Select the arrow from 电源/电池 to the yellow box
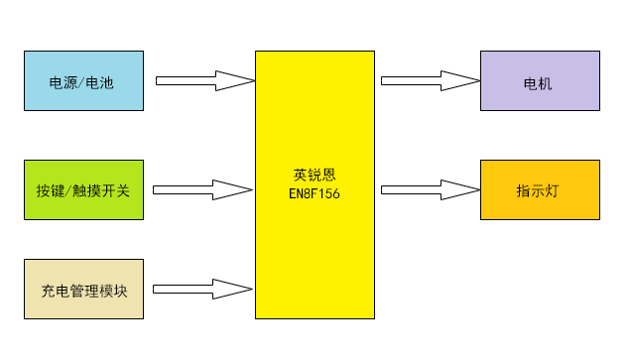click(204, 80)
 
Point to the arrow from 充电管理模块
click(203, 289)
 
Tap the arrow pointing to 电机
click(428, 80)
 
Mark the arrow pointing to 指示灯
click(428, 188)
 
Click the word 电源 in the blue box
click(63, 81)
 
